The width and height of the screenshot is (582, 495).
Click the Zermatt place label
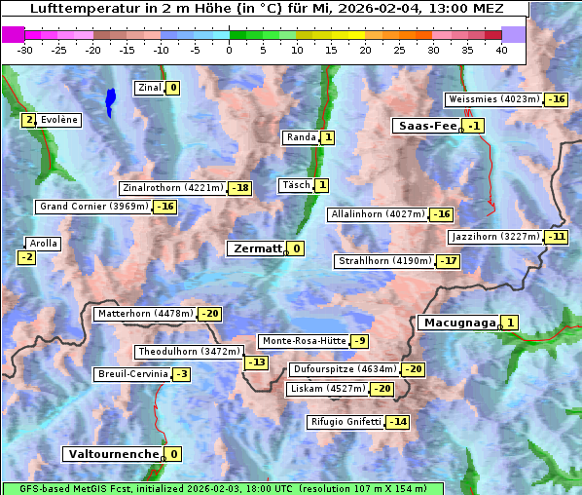point(256,248)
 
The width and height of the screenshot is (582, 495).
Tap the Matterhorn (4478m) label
point(144,314)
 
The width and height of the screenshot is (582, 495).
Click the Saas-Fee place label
point(427,126)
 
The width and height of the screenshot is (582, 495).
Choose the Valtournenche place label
point(112,454)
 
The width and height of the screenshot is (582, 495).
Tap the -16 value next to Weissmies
point(556,99)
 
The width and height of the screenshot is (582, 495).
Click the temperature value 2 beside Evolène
point(29,120)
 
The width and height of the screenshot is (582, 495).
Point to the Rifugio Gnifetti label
point(346,422)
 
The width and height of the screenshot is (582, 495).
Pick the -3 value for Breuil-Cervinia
point(181,374)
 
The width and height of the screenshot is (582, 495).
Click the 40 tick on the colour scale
point(502,50)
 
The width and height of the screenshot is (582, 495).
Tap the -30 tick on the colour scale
point(25,50)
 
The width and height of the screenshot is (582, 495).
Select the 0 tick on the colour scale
point(230,50)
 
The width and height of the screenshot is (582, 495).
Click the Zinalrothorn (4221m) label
point(172,187)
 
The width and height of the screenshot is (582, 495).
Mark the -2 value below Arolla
point(26,257)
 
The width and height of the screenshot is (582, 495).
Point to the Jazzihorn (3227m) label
point(494,236)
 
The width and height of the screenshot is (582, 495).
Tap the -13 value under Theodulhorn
point(256,362)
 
